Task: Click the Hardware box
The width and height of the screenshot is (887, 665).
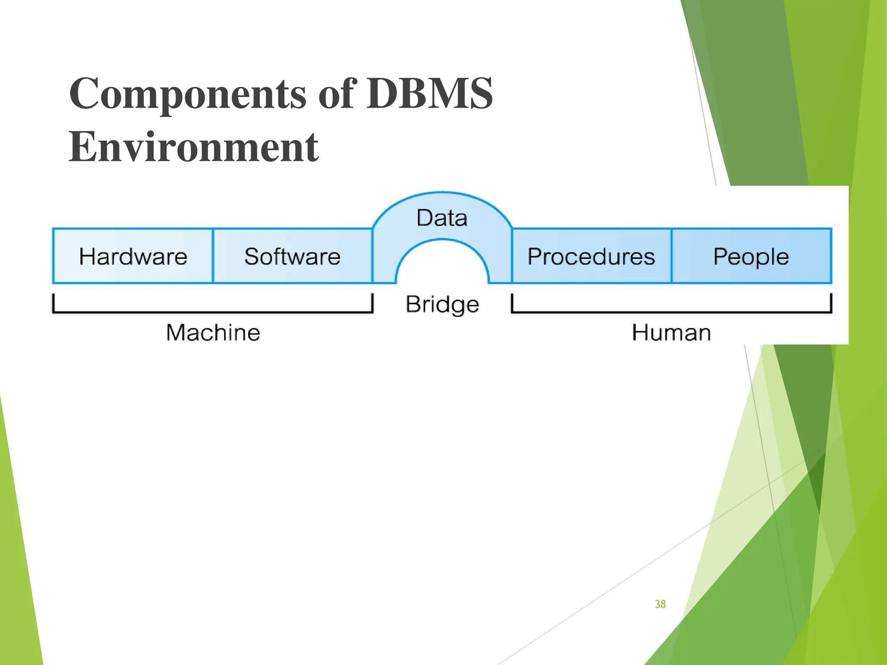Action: tap(133, 256)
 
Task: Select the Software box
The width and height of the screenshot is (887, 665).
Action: tap(292, 256)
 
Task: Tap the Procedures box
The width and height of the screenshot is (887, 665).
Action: tap(591, 256)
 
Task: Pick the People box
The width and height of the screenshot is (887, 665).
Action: tap(751, 256)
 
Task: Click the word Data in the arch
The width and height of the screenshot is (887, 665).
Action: tap(442, 218)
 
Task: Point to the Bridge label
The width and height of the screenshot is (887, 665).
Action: tap(442, 304)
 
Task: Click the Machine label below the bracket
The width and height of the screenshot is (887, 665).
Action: tap(213, 333)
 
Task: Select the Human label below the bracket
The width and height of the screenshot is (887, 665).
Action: tap(671, 333)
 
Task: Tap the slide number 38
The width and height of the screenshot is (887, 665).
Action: tap(660, 604)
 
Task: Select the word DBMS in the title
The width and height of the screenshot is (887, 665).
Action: tap(430, 94)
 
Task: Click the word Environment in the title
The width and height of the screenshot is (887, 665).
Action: tap(194, 147)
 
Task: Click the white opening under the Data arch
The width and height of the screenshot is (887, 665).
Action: tap(442, 268)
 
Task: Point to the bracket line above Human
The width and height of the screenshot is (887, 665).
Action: tap(671, 311)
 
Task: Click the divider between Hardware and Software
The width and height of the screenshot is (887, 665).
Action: tap(213, 256)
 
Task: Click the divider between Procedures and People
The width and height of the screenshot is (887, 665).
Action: tap(672, 256)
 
